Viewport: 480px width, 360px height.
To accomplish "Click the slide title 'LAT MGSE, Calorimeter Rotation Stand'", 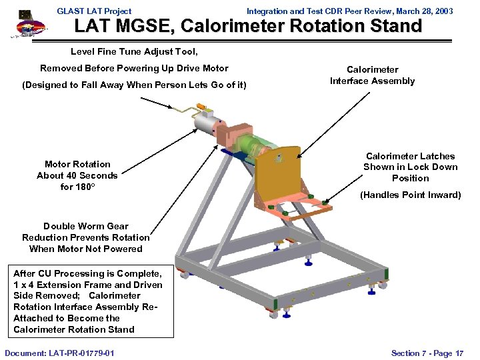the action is point(248,27).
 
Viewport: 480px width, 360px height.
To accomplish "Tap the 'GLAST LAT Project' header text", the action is point(94,11).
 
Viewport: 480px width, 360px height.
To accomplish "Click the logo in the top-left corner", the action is point(27,25).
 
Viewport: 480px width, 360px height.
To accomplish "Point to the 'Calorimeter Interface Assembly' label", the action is point(372,75).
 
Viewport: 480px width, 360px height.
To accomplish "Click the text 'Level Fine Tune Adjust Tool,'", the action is point(134,51).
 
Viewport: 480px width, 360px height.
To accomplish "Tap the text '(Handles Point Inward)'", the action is point(410,195).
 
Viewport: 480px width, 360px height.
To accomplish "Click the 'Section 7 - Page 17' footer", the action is point(427,353).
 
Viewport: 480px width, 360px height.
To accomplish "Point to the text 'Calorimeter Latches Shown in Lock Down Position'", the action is point(410,167).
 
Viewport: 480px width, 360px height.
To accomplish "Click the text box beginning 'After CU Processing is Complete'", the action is point(87,301).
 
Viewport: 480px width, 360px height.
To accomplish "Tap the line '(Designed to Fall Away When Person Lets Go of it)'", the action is point(134,85).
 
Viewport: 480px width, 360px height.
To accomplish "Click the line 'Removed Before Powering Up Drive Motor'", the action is point(134,68).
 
